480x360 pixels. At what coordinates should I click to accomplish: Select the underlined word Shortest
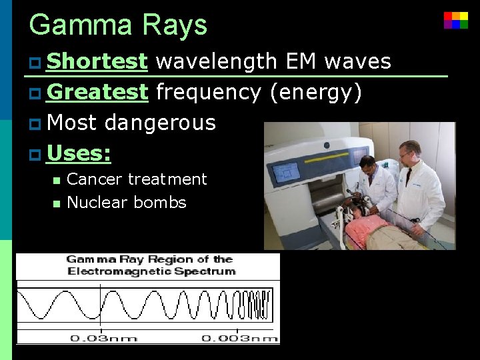pos(97,61)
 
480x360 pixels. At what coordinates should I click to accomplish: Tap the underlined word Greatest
pos(97,92)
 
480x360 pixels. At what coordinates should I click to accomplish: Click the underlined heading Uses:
pos(79,153)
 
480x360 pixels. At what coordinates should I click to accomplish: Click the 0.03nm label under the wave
pos(103,338)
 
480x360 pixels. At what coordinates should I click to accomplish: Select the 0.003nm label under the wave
pos(239,338)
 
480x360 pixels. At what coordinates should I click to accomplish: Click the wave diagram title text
pos(149,265)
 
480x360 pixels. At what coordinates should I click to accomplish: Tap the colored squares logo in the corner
pos(456,20)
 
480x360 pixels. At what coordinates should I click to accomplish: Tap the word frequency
pos(208,92)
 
